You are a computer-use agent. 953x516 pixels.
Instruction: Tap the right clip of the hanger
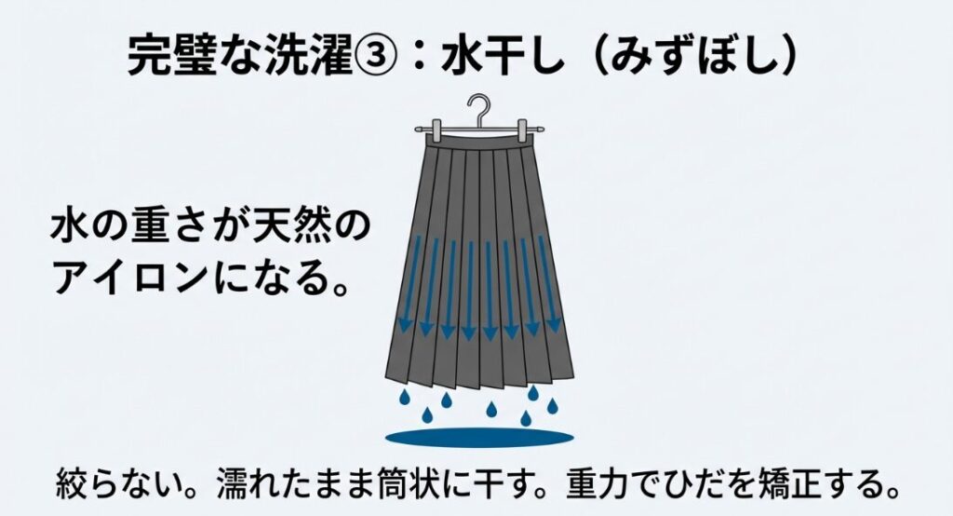pyautogui.click(x=531, y=130)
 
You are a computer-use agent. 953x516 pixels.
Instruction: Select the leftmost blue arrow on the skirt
pyautogui.click(x=407, y=285)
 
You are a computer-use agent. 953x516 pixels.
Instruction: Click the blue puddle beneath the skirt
pyautogui.click(x=478, y=437)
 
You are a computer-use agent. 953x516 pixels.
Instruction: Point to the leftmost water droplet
pyautogui.click(x=405, y=399)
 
